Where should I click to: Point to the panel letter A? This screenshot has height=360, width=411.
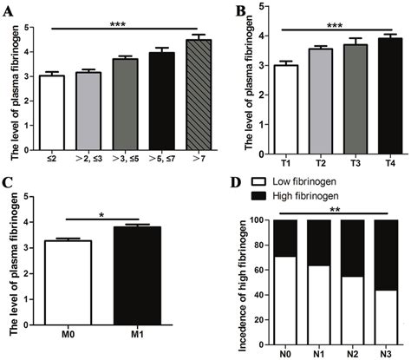coord(8,10)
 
